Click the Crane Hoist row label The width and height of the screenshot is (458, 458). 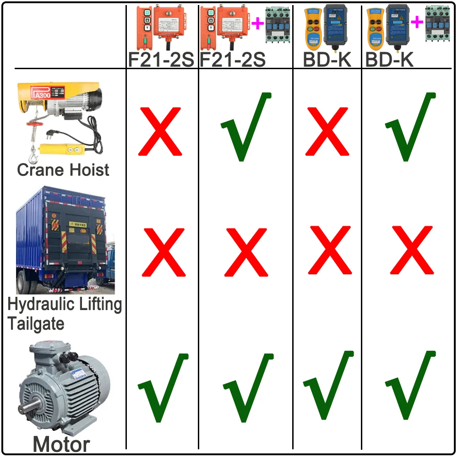[63, 170]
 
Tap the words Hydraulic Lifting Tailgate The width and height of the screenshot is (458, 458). [64, 314]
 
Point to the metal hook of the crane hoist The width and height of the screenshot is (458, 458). [34, 156]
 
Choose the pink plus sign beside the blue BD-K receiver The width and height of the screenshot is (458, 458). [416, 22]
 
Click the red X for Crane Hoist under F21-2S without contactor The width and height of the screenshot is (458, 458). [160, 131]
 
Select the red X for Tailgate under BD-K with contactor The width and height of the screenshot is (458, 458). [411, 251]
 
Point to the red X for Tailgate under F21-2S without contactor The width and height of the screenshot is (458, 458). [164, 252]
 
